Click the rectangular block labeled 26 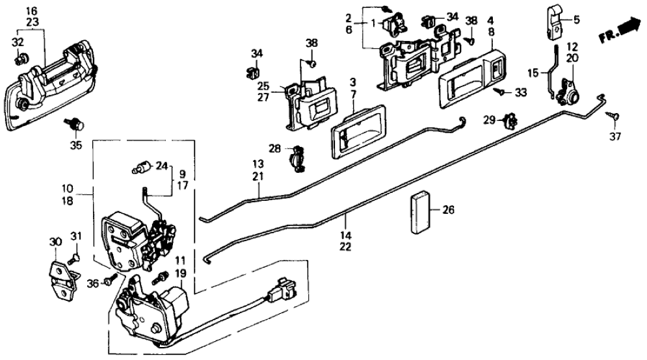(421, 211)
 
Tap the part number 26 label (448, 210)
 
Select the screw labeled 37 (613, 116)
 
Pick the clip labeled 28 (296, 158)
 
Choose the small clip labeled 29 (510, 121)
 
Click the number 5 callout (575, 19)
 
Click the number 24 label (161, 164)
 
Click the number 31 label (77, 237)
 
